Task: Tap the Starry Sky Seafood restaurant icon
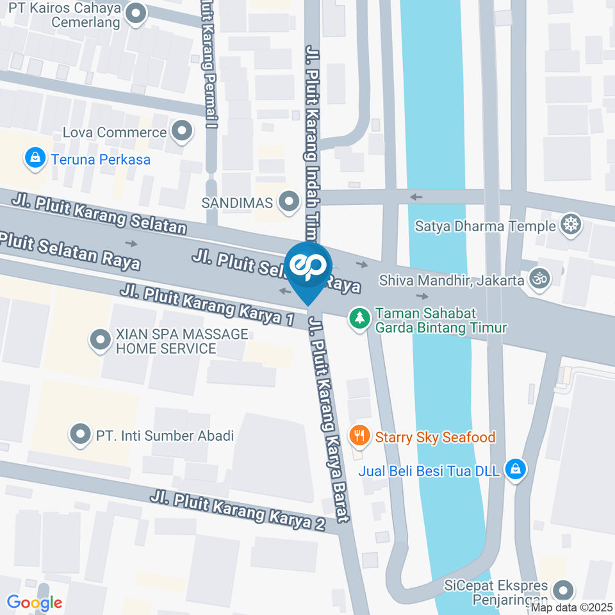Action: pyautogui.click(x=359, y=436)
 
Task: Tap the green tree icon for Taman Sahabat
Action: pyautogui.click(x=359, y=317)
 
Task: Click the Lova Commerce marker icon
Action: pyautogui.click(x=183, y=132)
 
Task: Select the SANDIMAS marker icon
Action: pyautogui.click(x=290, y=202)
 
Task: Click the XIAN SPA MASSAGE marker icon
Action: pyautogui.click(x=100, y=340)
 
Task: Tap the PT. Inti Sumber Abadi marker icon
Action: pyautogui.click(x=80, y=436)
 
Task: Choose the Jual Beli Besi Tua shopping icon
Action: pyautogui.click(x=515, y=470)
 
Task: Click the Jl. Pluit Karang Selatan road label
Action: pyautogui.click(x=99, y=215)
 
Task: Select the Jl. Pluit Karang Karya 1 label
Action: pyautogui.click(x=206, y=305)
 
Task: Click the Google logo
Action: pyautogui.click(x=35, y=602)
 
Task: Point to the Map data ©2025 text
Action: pyautogui.click(x=572, y=607)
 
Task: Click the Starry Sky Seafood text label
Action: pyautogui.click(x=435, y=437)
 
